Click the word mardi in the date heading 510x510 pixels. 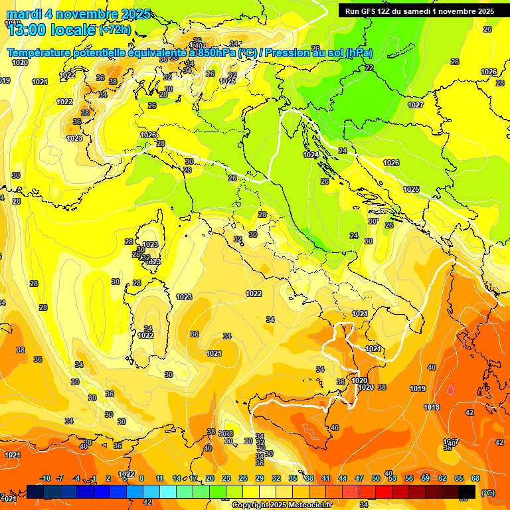click(23, 14)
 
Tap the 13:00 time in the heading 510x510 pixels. click(27, 30)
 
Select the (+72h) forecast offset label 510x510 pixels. click(115, 30)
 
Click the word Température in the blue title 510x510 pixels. click(40, 53)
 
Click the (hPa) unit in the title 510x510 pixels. click(359, 53)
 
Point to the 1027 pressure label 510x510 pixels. click(416, 105)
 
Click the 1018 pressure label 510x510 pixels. click(432, 407)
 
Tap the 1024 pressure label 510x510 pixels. click(310, 155)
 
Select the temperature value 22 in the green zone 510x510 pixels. click(369, 68)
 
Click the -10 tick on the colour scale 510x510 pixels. click(45, 478)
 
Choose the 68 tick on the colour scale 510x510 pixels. click(475, 478)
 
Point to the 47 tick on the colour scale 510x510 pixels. click(359, 478)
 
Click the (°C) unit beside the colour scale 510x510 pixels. click(487, 492)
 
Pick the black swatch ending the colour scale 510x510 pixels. click(467, 491)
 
